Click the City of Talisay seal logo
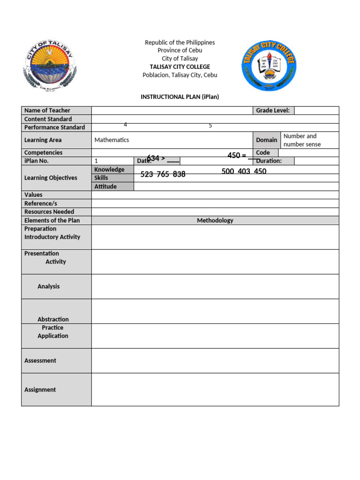click(49, 64)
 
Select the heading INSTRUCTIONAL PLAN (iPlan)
click(180, 97)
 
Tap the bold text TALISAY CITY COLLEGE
click(180, 67)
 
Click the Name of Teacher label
click(47, 111)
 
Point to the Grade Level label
click(273, 111)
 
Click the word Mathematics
click(112, 140)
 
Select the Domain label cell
click(266, 140)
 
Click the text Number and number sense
click(302, 140)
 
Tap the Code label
click(263, 153)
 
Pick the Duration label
click(269, 161)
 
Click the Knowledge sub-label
click(109, 170)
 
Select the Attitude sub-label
click(105, 187)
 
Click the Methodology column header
click(215, 220)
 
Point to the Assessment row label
click(40, 360)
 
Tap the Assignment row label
click(40, 390)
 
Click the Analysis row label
click(49, 286)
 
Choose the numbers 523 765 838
click(163, 174)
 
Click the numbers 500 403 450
click(244, 172)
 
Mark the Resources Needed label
click(49, 212)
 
